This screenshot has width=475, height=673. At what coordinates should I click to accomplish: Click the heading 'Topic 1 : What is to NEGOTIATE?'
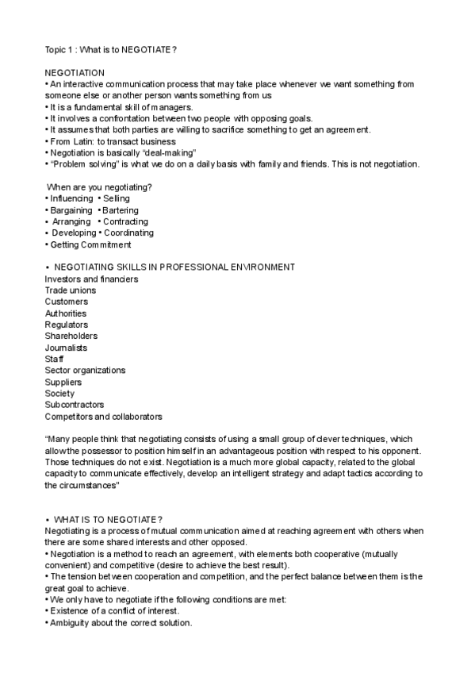click(x=111, y=49)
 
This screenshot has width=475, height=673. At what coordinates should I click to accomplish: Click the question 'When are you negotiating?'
click(x=100, y=187)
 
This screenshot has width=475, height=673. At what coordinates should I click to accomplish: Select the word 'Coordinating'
click(x=128, y=233)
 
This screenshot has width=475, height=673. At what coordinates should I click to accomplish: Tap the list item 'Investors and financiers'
click(x=91, y=279)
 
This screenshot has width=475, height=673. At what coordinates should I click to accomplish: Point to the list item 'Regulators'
click(x=67, y=325)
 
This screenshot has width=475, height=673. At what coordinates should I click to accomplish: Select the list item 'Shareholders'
click(x=71, y=336)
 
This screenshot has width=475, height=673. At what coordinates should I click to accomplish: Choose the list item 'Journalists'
click(x=67, y=348)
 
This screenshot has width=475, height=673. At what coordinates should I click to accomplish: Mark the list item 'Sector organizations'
click(x=85, y=371)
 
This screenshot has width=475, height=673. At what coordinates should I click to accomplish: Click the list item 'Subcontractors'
click(x=75, y=405)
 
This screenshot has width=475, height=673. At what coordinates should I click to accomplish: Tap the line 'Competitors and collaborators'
click(x=103, y=416)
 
